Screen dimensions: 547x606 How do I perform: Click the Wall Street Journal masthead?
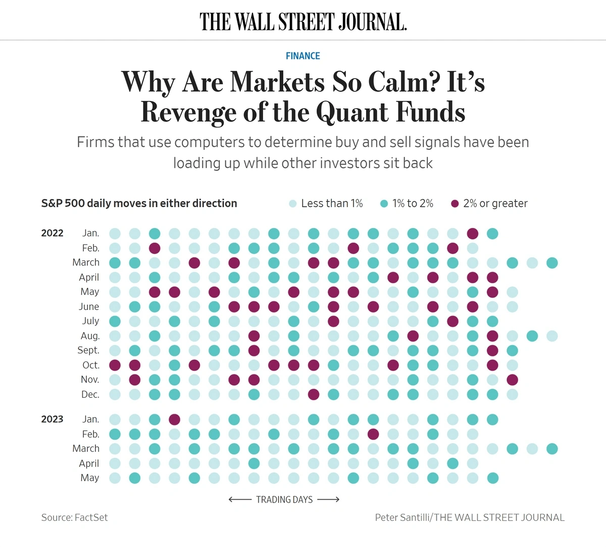click(x=303, y=22)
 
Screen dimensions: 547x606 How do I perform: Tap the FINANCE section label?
click(x=303, y=56)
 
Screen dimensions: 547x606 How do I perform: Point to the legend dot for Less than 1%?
click(x=293, y=204)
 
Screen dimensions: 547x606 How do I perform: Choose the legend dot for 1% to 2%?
click(x=384, y=204)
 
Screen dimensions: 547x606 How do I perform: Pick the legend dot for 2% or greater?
click(x=455, y=204)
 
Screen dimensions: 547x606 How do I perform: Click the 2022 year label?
click(x=53, y=233)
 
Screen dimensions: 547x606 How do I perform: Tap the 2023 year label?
click(x=53, y=419)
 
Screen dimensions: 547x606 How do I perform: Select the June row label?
click(x=89, y=307)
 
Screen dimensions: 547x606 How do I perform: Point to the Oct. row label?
click(x=91, y=365)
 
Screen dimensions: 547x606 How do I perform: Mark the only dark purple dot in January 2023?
click(x=175, y=419)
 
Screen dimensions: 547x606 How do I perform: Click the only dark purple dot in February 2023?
click(x=373, y=434)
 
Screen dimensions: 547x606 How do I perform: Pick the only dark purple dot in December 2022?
click(x=314, y=394)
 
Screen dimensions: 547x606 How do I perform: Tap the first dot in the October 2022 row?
click(x=115, y=365)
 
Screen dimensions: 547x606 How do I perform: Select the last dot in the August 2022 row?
click(x=552, y=336)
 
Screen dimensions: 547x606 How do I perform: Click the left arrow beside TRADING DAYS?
click(x=240, y=500)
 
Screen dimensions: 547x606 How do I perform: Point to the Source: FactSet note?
click(x=75, y=517)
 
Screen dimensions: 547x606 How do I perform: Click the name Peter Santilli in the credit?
click(x=402, y=517)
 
